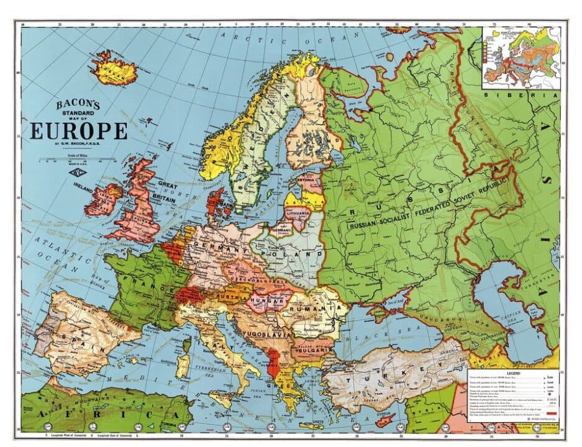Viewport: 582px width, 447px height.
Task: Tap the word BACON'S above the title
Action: tap(79, 106)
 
